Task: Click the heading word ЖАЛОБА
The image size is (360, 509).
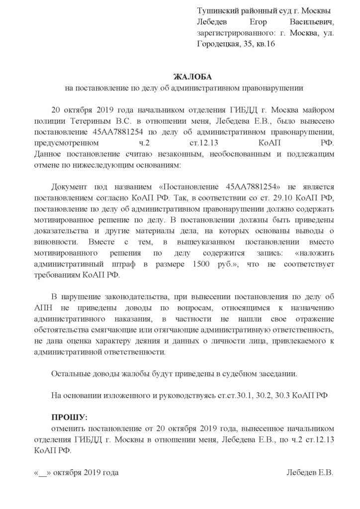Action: [192, 77]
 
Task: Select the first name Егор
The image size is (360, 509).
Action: [255, 22]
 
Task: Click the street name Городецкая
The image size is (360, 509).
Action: [219, 44]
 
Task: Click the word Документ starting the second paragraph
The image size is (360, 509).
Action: [70, 186]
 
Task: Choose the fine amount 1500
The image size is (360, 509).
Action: [201, 264]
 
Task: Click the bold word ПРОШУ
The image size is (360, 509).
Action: [69, 417]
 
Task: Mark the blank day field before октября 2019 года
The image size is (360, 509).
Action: [42, 472]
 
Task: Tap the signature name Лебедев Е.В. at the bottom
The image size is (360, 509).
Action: [310, 472]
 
